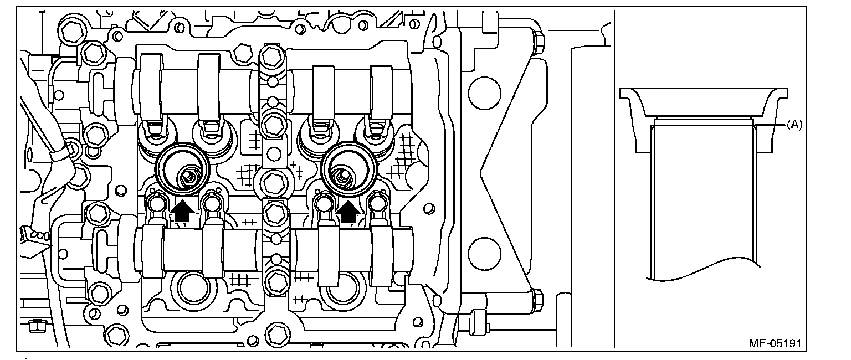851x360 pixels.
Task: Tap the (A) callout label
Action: point(794,125)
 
